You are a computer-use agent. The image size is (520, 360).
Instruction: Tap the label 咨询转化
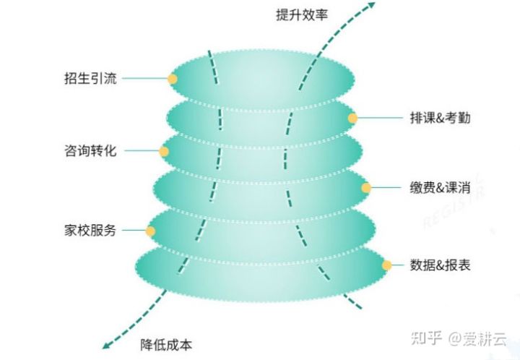click(x=90, y=152)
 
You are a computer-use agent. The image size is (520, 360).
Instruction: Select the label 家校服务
click(x=90, y=231)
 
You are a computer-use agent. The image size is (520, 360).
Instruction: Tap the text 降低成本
click(x=167, y=345)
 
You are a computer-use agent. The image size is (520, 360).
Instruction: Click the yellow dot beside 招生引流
click(x=172, y=79)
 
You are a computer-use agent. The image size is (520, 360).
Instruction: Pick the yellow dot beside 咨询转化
click(x=164, y=152)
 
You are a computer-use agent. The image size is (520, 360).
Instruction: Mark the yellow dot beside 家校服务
click(x=150, y=231)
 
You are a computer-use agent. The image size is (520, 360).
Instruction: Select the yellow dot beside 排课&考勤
click(x=352, y=118)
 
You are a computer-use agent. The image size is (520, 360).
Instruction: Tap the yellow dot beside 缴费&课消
click(x=366, y=188)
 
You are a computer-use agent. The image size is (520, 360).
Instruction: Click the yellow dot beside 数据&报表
click(x=386, y=265)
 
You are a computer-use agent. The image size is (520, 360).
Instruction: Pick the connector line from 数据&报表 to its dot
click(x=398, y=265)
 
